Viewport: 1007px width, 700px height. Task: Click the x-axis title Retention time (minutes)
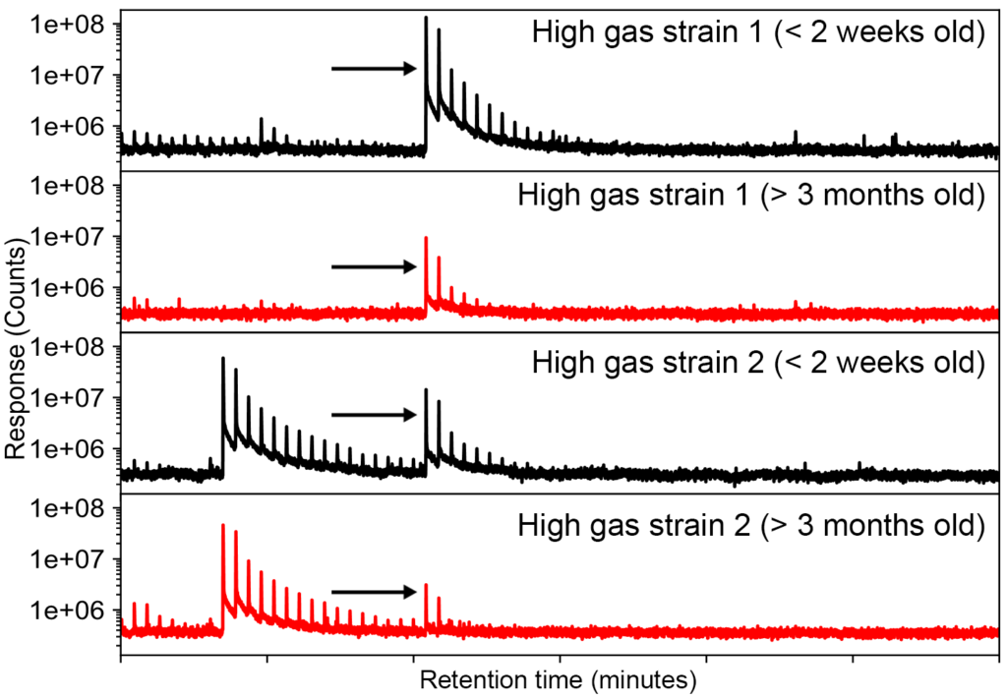click(x=559, y=679)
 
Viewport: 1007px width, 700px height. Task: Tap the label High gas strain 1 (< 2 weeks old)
click(x=758, y=32)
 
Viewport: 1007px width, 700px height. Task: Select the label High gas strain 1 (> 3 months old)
click(x=750, y=194)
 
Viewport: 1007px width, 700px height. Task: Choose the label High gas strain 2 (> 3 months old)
click(x=750, y=523)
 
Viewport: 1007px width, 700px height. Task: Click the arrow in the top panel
click(x=375, y=68)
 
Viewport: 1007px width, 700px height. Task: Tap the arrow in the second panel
click(x=375, y=266)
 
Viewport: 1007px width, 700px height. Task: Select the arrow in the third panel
click(x=375, y=414)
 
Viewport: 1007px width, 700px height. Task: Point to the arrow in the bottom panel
click(x=375, y=592)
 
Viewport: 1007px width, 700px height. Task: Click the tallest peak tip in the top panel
click(x=426, y=18)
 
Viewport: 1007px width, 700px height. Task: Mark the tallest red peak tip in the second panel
click(x=426, y=238)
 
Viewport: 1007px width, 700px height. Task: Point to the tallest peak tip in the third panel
click(x=223, y=359)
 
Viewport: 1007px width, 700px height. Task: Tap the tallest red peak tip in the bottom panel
click(x=223, y=525)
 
